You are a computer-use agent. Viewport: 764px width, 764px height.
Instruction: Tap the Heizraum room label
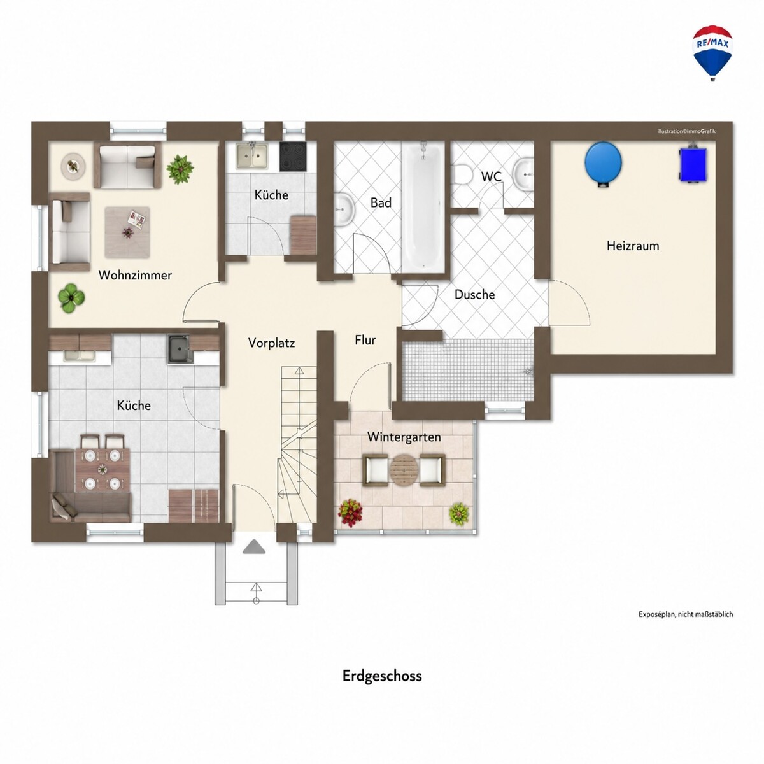point(633,246)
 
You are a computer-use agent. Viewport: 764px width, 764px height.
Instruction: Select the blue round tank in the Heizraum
point(603,164)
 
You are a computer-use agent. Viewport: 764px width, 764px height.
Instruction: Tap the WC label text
point(492,176)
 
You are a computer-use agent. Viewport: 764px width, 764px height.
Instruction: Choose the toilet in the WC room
point(461,175)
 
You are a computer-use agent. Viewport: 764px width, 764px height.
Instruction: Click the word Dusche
point(474,295)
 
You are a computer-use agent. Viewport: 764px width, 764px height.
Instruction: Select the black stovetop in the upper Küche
point(293,156)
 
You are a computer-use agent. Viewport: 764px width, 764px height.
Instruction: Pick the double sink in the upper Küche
point(252,156)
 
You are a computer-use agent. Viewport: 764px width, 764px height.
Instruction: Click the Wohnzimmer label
point(135,275)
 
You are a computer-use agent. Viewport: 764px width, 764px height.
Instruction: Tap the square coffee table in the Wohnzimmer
point(127,232)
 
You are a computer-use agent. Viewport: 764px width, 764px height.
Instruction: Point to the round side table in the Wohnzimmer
point(73,167)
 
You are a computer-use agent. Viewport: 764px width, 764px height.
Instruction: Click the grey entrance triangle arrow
point(254,547)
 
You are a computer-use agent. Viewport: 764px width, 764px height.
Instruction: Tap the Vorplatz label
point(272,343)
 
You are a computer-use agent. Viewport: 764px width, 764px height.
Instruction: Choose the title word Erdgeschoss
point(382,676)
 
